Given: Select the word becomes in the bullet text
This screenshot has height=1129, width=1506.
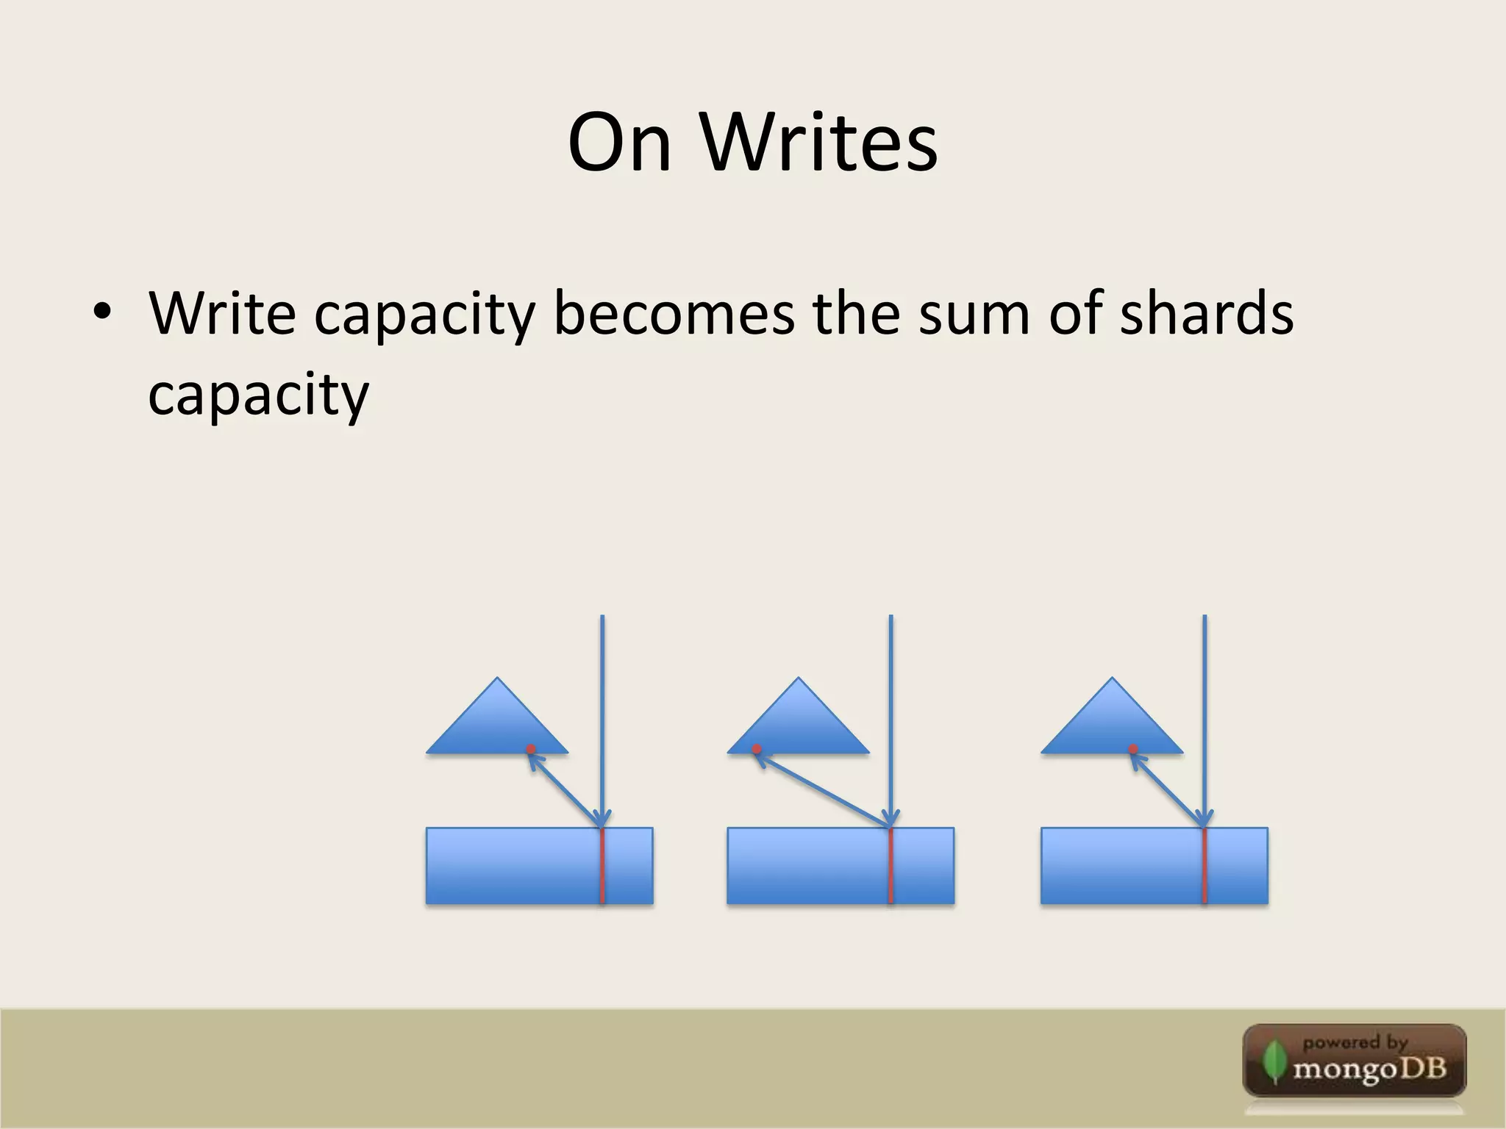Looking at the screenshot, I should click(x=674, y=313).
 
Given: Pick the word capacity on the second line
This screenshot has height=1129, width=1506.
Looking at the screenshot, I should click(x=258, y=395).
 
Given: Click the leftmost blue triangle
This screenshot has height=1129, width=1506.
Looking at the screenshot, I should click(x=497, y=724).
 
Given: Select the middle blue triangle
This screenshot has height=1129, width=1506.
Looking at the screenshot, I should click(x=799, y=724).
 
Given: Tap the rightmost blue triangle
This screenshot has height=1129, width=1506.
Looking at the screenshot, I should click(x=1112, y=724).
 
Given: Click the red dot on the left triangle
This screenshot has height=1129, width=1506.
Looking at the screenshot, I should click(x=531, y=749).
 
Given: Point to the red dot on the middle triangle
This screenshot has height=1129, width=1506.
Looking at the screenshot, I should click(x=757, y=749).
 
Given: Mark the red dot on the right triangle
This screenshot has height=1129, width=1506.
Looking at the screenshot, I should click(x=1133, y=749).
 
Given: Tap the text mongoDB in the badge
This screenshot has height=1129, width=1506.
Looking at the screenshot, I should click(x=1370, y=1068).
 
